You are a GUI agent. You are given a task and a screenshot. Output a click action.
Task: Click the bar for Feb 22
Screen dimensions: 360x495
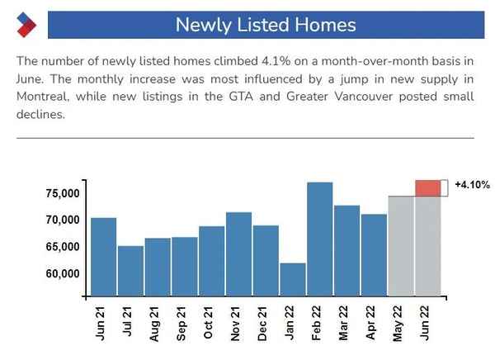319,239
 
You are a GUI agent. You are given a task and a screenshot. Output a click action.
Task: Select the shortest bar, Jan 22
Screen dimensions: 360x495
293,279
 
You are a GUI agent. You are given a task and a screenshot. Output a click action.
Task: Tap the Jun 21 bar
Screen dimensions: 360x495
103,256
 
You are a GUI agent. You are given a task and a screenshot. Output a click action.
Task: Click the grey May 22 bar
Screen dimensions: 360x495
400,245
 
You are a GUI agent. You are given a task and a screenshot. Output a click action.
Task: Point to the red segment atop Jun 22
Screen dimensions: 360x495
427,188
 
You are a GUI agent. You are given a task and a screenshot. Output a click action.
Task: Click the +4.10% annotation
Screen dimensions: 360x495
472,186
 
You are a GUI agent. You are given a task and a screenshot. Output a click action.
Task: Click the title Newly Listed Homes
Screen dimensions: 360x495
266,24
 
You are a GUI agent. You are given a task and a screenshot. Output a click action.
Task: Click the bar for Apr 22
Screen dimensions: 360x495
374,254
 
